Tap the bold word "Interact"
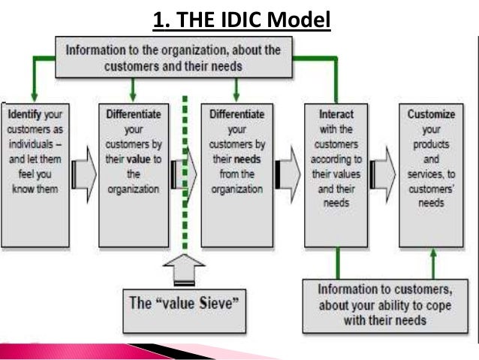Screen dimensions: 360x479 pos(336,115)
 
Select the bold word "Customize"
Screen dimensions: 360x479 pos(432,115)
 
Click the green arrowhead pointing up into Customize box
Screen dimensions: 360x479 pos(432,255)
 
